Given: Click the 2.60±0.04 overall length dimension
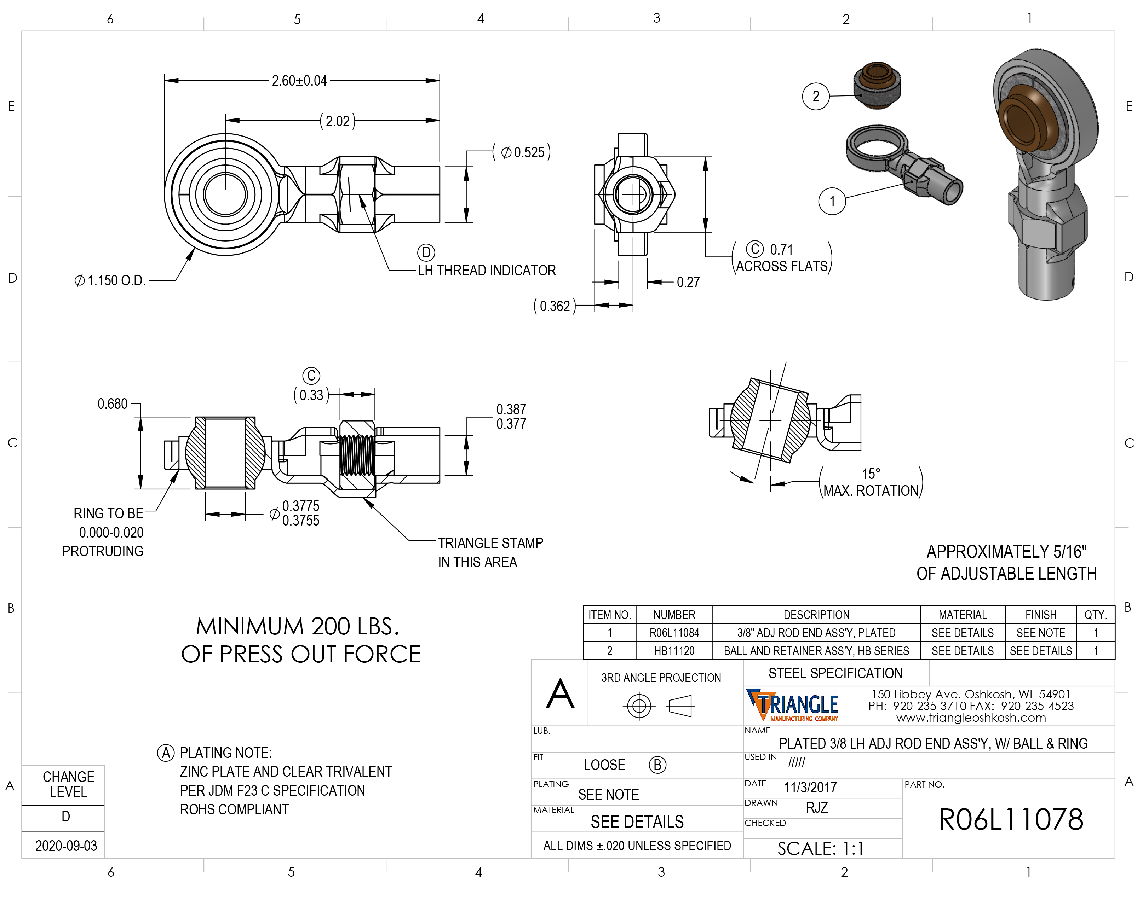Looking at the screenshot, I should (x=299, y=81).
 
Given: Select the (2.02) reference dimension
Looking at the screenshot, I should (x=338, y=121).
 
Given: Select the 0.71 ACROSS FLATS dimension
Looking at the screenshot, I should (x=781, y=258).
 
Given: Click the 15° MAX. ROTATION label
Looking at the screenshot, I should (x=871, y=482).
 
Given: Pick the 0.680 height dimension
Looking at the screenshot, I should (x=112, y=404).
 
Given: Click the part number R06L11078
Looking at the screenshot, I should (x=1010, y=819).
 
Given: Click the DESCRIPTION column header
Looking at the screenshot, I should (x=816, y=615).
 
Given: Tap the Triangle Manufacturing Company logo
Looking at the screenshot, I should (x=792, y=706).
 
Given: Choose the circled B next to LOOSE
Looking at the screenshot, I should (x=657, y=765).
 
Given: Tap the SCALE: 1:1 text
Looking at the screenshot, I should (x=820, y=848).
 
